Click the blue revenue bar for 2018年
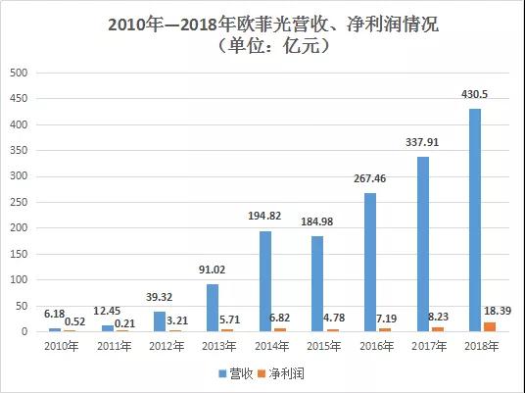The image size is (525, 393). [x=476, y=221]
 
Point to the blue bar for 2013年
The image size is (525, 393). [x=212, y=308]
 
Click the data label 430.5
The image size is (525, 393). [x=476, y=92]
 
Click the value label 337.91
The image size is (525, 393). [x=423, y=140]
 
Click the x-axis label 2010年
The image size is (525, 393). [x=60, y=348]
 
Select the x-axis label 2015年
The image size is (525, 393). [x=324, y=348]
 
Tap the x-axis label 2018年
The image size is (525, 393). [x=483, y=348]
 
